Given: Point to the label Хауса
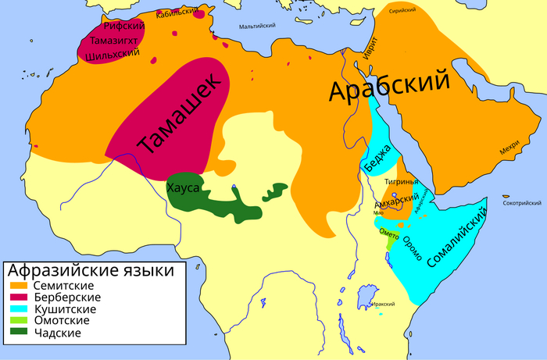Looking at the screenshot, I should tap(184, 189).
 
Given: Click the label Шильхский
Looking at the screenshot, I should tap(110, 54).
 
